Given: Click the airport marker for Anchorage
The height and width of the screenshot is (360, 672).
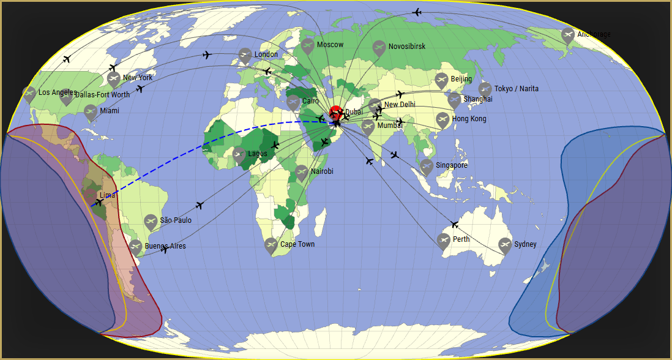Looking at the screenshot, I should point(568,34).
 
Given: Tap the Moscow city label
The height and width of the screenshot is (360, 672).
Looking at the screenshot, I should point(330,45).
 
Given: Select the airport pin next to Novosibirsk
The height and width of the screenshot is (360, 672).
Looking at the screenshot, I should point(379,47).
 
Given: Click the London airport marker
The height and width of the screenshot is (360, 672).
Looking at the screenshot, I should point(245,55).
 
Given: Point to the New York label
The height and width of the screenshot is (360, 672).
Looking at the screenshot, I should point(138,78).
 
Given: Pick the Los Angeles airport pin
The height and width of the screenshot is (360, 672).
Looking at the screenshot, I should point(29,93).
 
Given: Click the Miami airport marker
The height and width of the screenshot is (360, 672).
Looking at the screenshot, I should point(91,111).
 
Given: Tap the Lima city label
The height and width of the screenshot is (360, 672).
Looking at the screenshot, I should point(107,195).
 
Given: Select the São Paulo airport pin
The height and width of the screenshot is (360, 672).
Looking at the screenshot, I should point(151,221).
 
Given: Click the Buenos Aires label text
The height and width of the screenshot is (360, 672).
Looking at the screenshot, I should point(165,246).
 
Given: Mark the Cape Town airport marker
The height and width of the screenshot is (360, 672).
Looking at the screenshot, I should point(271,245).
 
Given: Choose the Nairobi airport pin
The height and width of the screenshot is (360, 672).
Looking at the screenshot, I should point(301,172).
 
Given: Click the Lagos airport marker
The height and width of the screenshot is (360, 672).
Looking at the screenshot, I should point(239,154).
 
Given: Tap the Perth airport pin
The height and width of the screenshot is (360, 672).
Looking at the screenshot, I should point(444,239).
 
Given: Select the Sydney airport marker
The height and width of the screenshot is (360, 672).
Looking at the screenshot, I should point(505,244).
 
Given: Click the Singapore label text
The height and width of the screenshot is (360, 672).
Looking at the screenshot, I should point(452,165).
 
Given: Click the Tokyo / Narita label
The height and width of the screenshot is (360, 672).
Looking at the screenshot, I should point(517,89).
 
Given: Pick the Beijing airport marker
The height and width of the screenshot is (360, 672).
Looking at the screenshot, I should point(441,80).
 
